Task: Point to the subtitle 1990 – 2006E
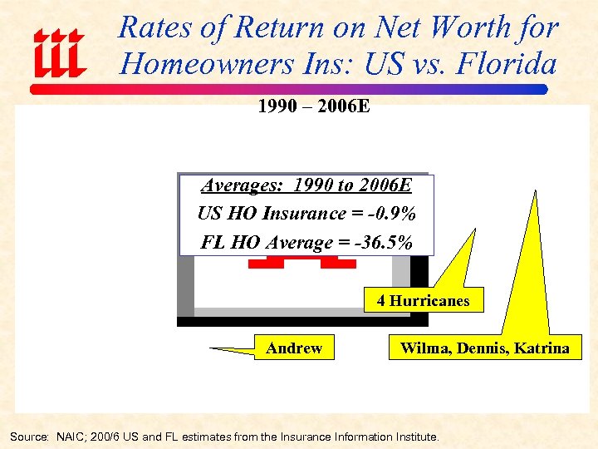click(307, 106)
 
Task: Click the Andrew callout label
click(294, 348)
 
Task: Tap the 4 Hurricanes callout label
click(423, 301)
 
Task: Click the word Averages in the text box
click(238, 185)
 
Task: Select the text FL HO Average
click(254, 243)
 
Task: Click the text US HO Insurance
click(261, 214)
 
